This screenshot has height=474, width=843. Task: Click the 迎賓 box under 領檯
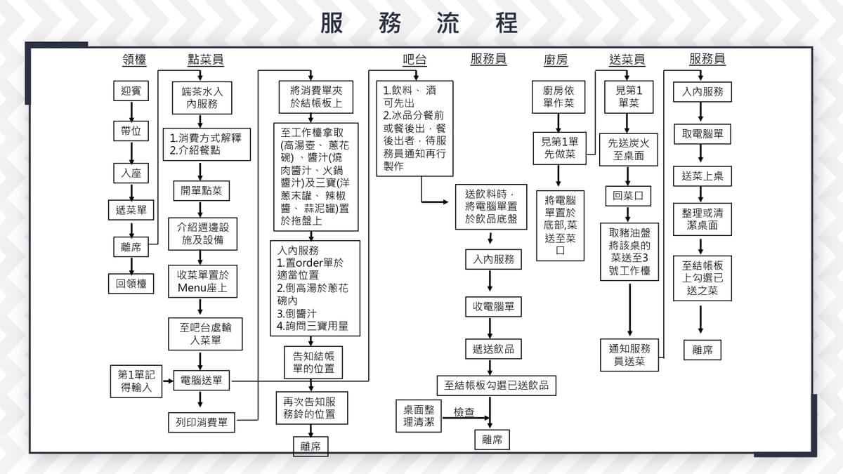131,91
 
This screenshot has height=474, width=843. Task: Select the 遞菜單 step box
131,209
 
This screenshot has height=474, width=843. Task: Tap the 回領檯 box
131,283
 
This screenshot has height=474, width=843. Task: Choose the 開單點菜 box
201,191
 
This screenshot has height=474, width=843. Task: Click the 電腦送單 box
201,380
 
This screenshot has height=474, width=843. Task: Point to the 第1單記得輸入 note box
136,381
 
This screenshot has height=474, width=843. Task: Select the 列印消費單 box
201,423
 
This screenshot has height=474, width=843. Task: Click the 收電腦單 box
493,307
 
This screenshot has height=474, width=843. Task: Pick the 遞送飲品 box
493,348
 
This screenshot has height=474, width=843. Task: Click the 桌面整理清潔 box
419,416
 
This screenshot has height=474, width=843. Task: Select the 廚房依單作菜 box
558,97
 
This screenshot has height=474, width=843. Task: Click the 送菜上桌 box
702,176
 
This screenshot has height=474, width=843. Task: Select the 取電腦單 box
702,133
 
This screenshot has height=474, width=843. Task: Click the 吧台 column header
414,60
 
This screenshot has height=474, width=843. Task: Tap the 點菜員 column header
205,60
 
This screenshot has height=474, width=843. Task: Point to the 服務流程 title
419,22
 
